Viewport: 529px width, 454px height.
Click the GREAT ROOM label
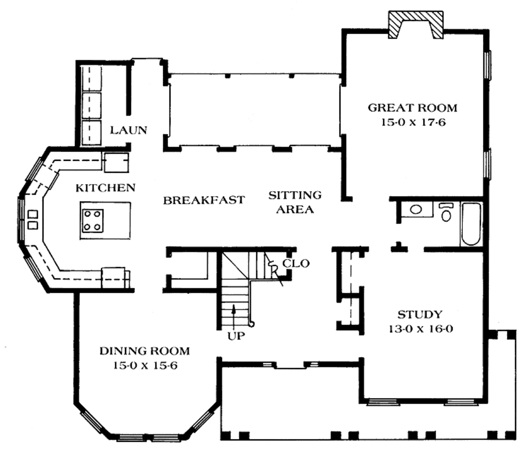point(412,108)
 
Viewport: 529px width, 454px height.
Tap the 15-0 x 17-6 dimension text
point(412,124)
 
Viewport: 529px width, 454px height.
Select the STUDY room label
point(419,314)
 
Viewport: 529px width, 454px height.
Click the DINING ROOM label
point(144,351)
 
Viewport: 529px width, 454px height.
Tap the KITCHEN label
point(105,187)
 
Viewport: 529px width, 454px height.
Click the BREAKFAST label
point(204,200)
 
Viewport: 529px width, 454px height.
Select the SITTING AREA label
point(294,202)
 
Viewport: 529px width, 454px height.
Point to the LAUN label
point(129,130)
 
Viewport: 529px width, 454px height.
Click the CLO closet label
point(296,263)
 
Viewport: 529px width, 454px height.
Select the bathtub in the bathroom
point(471,224)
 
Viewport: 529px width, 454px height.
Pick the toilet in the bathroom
point(446,213)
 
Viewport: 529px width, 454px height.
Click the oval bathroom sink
point(416,209)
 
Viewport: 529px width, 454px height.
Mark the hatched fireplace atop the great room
point(416,25)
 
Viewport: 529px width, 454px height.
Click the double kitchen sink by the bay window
point(32,219)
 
